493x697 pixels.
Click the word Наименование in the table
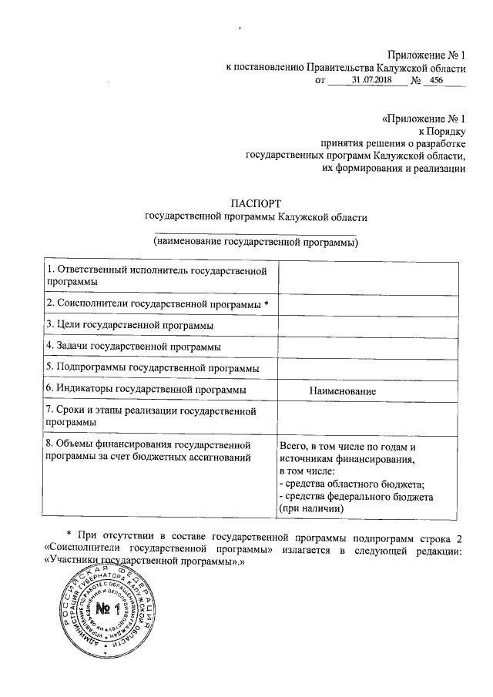click(x=342, y=392)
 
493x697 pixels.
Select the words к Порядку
click(x=442, y=132)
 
